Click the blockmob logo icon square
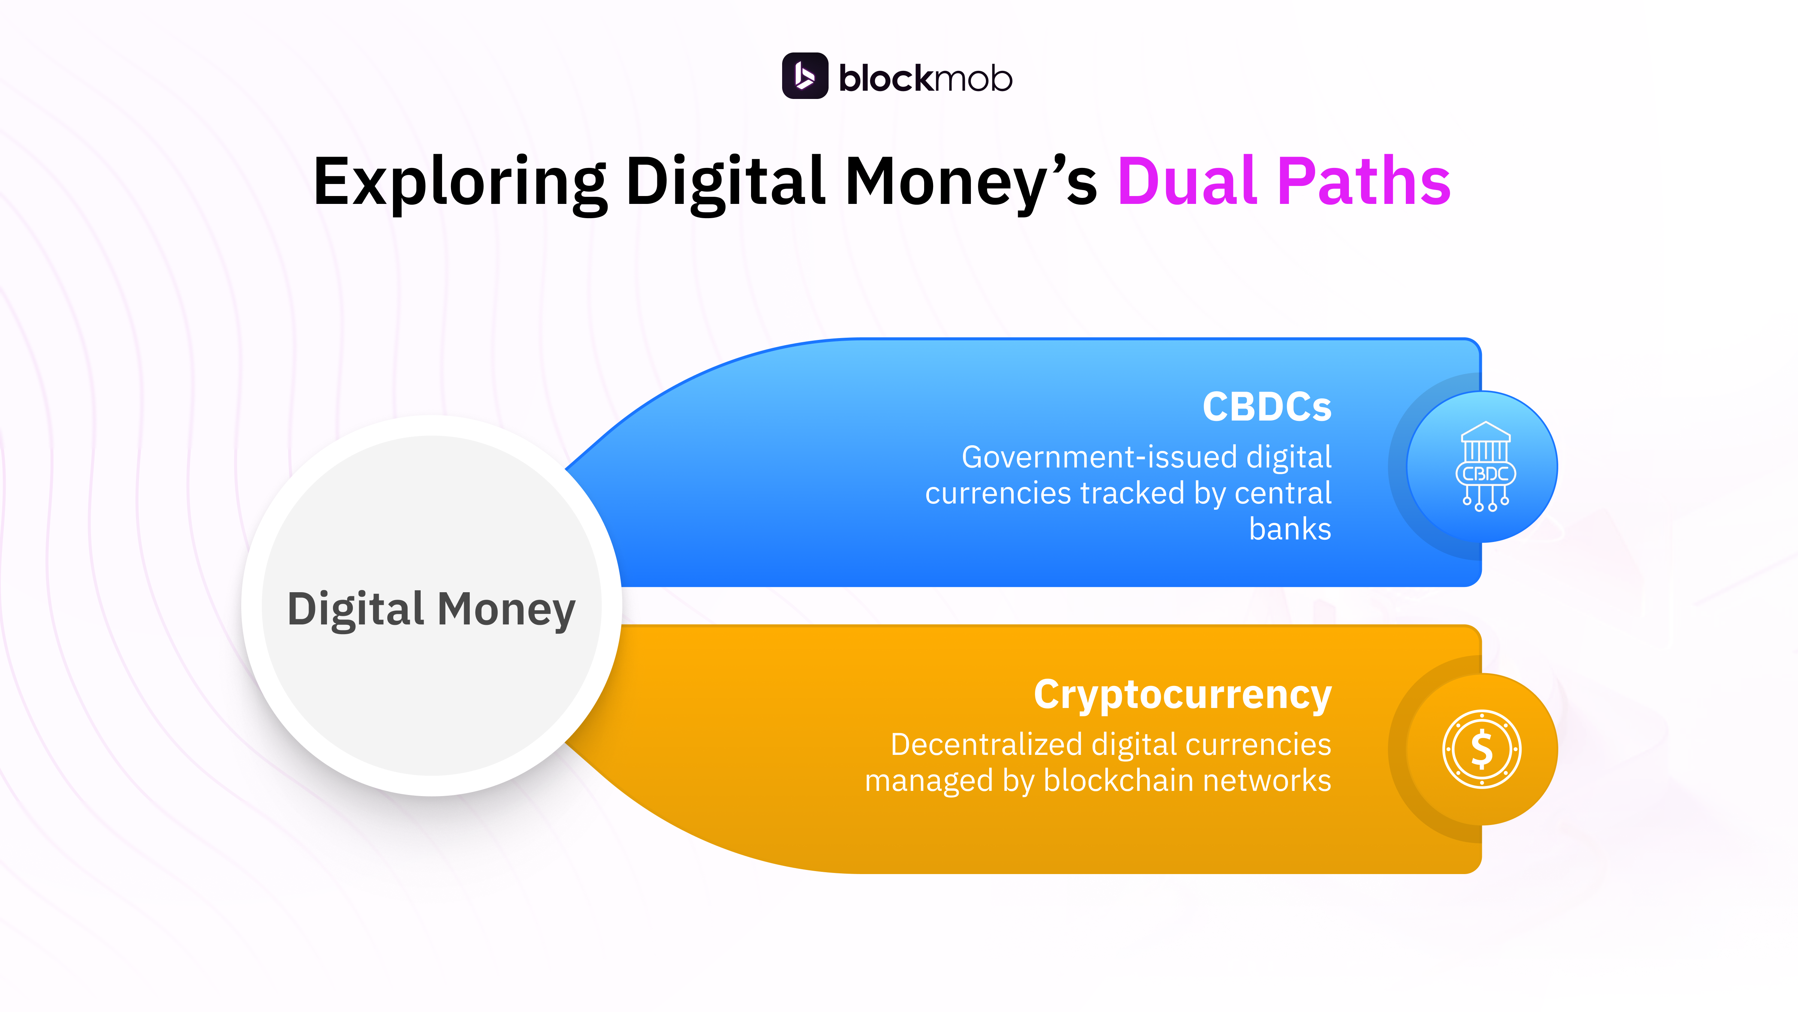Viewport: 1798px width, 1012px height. click(x=804, y=76)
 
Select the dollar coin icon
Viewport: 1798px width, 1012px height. click(x=1481, y=749)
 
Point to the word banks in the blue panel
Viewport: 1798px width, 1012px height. click(x=1290, y=529)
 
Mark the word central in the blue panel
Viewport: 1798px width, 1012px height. click(x=1283, y=494)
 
